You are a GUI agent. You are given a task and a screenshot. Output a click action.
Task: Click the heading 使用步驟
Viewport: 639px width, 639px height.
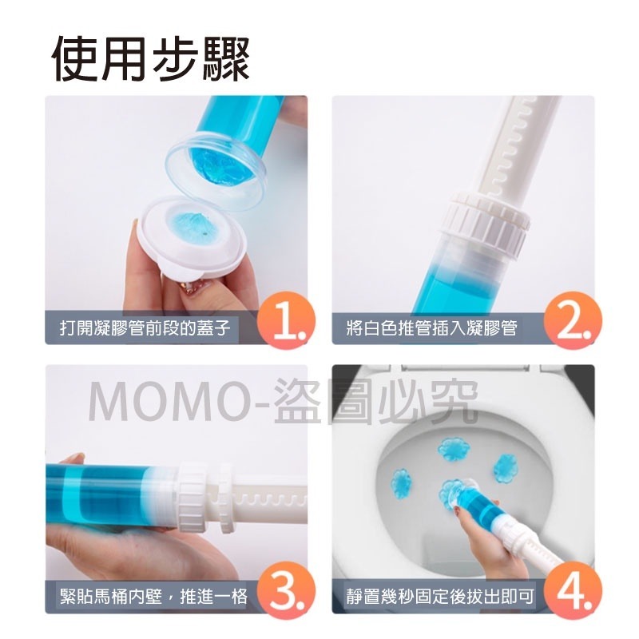[151, 58]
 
